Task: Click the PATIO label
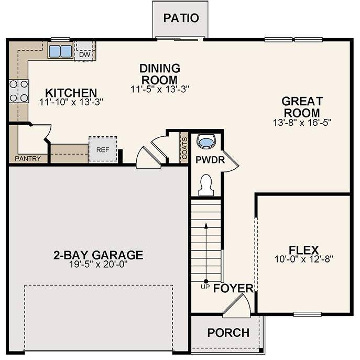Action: [181, 18]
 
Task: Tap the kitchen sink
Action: [60, 51]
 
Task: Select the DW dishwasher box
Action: [84, 53]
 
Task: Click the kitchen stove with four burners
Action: [18, 91]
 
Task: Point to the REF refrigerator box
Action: [102, 149]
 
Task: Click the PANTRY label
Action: [28, 158]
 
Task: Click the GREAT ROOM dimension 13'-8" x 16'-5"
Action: [302, 122]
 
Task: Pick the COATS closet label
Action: [184, 147]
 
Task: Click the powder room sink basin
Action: [208, 141]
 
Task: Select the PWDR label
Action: [210, 160]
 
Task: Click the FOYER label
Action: [234, 289]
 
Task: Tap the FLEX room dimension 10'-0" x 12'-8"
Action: [303, 259]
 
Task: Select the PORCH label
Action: [228, 333]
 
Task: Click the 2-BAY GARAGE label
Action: [98, 255]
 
